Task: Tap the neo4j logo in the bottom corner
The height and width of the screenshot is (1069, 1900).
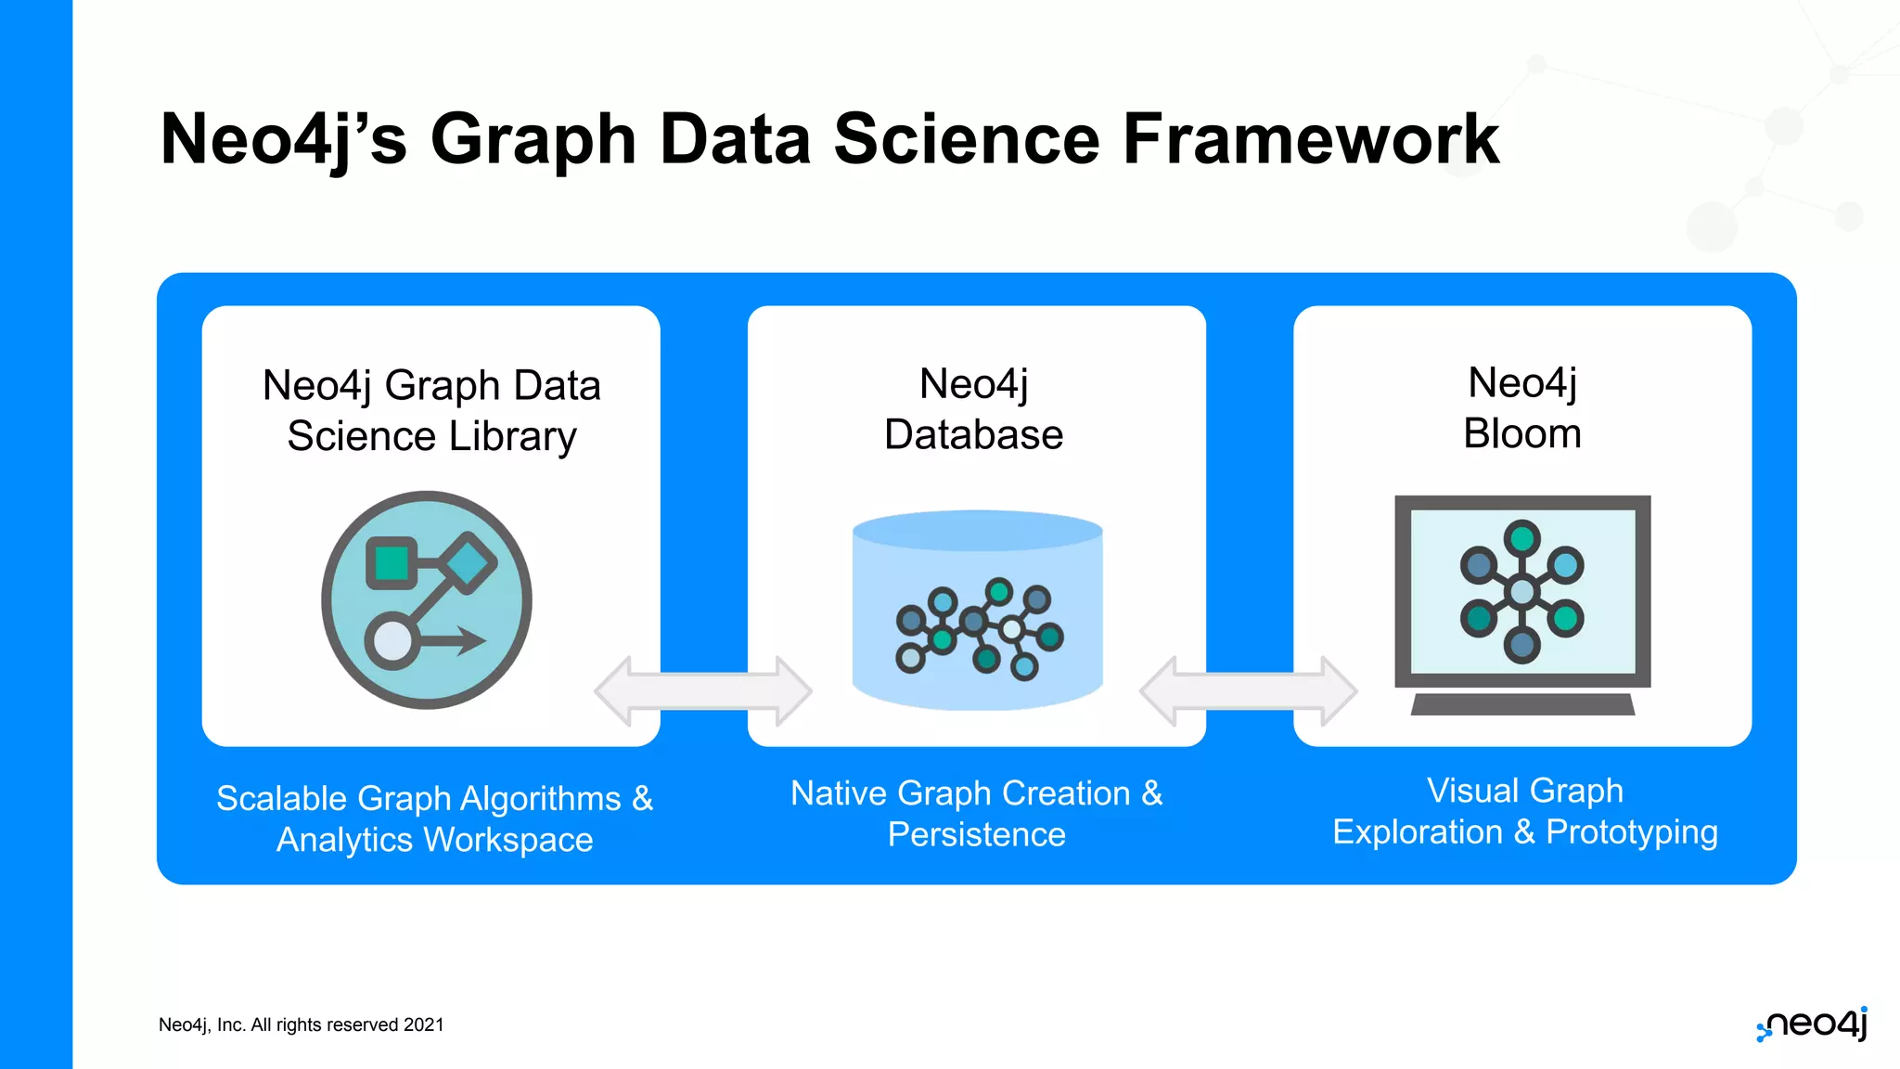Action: click(x=1813, y=1024)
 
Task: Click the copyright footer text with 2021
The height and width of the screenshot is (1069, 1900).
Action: click(x=302, y=1024)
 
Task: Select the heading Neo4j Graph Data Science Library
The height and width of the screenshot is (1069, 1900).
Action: click(x=431, y=410)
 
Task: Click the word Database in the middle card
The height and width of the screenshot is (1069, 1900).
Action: click(x=973, y=434)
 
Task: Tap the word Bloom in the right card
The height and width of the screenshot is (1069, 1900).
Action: click(x=1521, y=433)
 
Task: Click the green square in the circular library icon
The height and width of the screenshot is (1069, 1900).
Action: click(x=392, y=562)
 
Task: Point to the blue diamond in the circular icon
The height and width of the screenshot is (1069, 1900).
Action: click(x=467, y=562)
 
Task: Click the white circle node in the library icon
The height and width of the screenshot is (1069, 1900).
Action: click(x=392, y=641)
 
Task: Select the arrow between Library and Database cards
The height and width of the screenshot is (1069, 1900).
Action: click(x=703, y=691)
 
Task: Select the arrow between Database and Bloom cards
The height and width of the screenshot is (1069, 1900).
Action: click(x=1249, y=691)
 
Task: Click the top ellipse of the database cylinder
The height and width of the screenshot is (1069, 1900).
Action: click(x=977, y=530)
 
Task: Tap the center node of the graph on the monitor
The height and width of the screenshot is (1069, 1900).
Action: click(x=1521, y=592)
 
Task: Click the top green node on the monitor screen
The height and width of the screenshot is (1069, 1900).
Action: click(x=1521, y=537)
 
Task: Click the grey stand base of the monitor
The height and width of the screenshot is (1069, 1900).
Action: click(x=1521, y=704)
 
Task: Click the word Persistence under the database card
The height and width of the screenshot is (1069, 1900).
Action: click(x=976, y=834)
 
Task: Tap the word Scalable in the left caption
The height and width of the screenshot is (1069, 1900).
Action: click(x=281, y=799)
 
